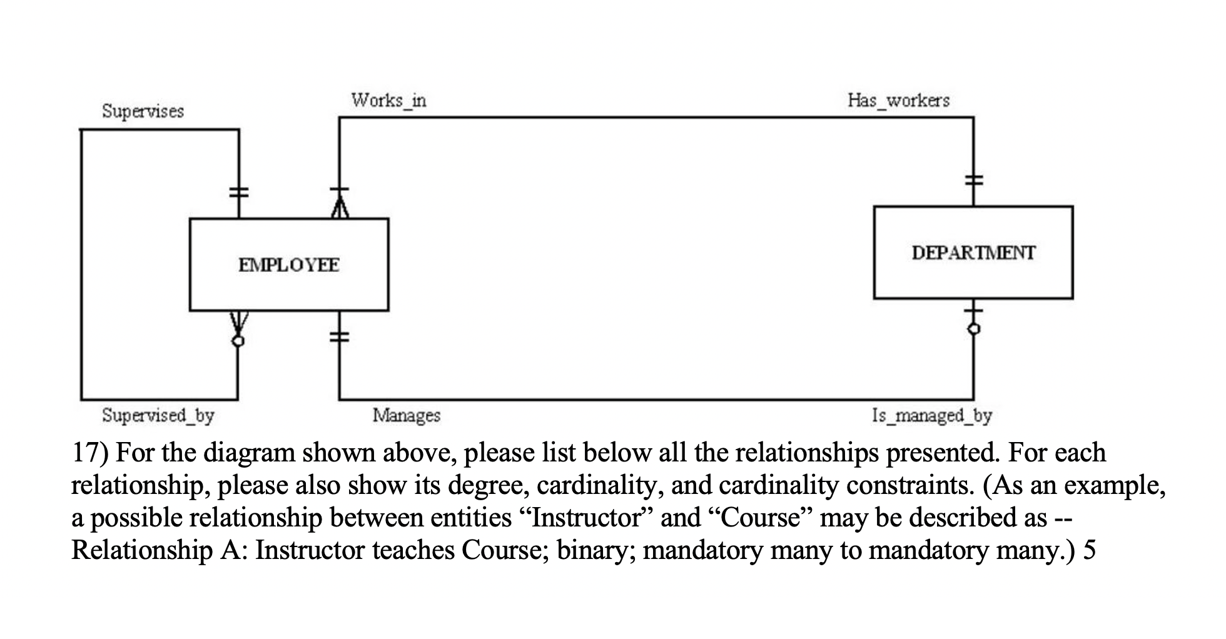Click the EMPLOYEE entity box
pos(289,264)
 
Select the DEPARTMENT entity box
pos(973,253)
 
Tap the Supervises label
pos(143,111)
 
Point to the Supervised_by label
pos(158,415)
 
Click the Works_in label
pos(388,100)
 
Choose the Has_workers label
pos(898,100)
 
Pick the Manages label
pos(407,415)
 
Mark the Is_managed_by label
pos(931,415)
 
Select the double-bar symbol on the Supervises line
pos(238,192)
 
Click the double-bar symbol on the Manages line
pos(339,337)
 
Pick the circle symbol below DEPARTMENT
pos(973,328)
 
